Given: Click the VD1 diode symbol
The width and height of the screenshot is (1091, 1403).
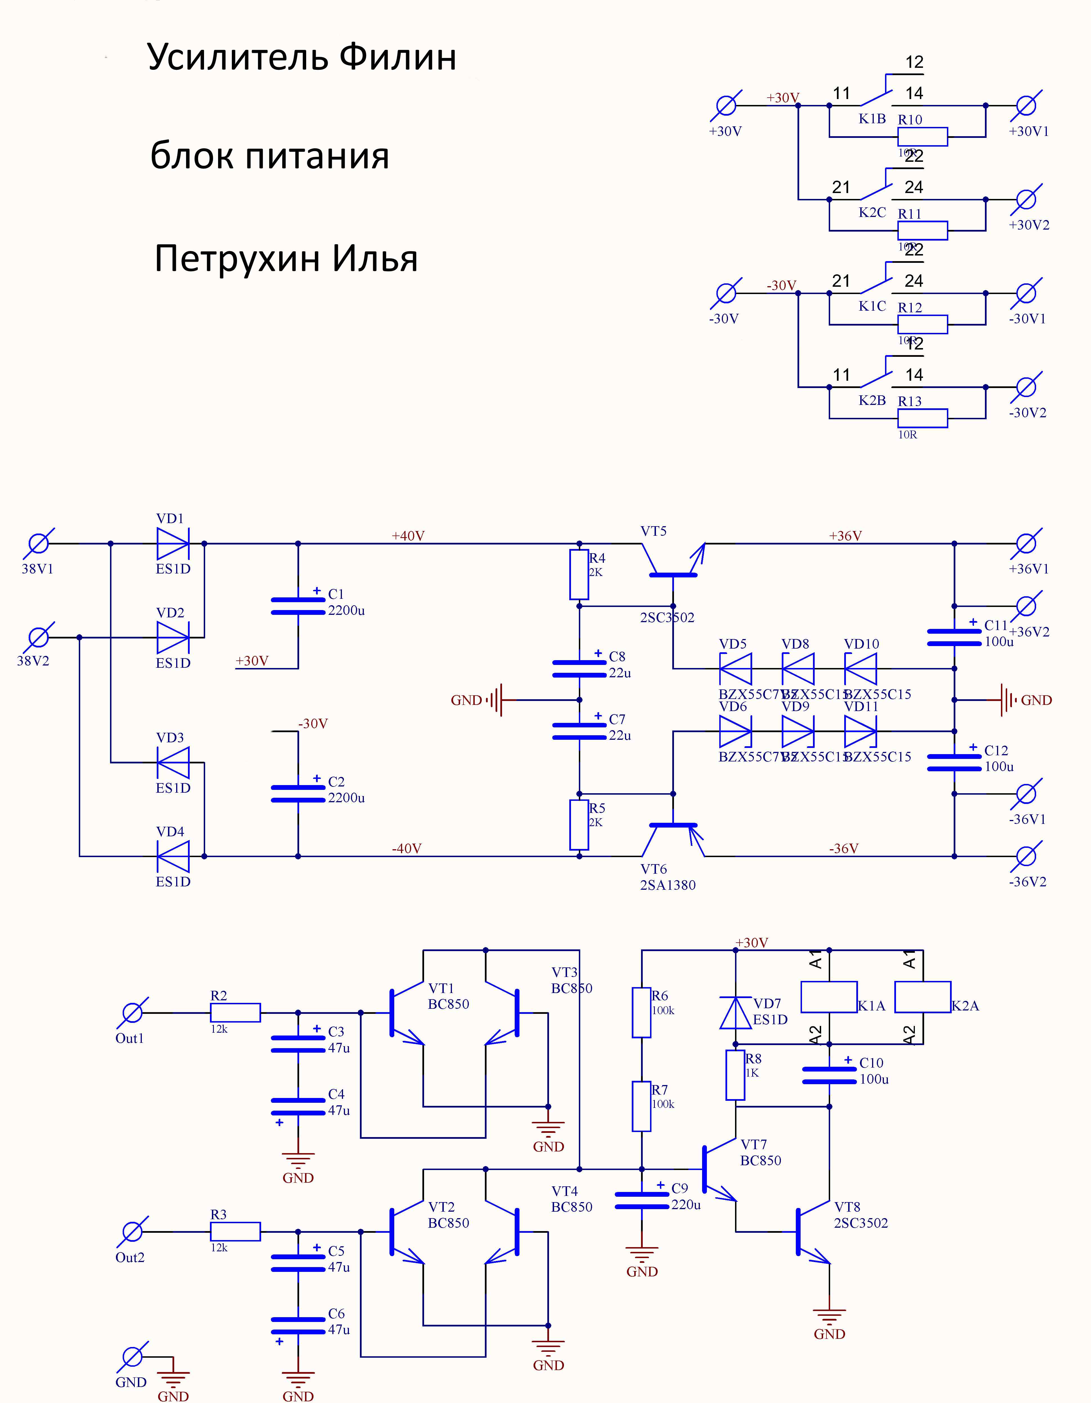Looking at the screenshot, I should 172,543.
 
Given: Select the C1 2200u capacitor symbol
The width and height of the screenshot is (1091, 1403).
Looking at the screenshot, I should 297,606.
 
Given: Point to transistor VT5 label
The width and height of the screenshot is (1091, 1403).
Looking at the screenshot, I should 653,531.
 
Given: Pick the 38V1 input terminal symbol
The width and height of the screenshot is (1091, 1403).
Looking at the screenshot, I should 39,543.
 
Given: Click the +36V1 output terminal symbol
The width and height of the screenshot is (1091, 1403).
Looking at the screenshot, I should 1027,543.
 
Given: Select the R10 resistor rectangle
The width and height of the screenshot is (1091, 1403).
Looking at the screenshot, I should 922,137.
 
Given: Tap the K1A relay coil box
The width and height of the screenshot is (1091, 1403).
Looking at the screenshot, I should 829,997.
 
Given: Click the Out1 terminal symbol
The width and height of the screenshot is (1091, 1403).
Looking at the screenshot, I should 132,1013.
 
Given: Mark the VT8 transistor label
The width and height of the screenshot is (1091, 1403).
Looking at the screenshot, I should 847,1207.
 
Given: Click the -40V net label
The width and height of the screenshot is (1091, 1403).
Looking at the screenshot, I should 407,849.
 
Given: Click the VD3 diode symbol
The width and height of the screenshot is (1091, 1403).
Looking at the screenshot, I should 172,763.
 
